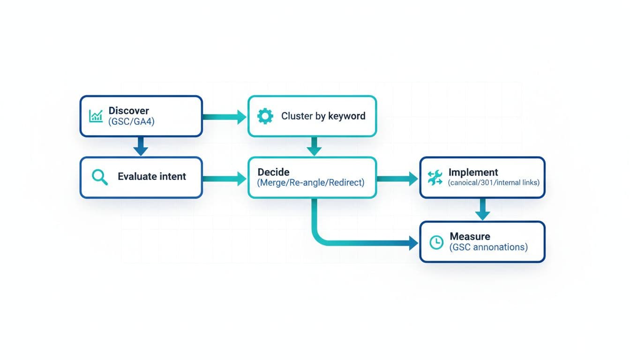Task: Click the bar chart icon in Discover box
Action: [x=96, y=116]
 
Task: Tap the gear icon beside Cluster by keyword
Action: [x=265, y=116]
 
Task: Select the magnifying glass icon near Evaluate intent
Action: [x=100, y=177]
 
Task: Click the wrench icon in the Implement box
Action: [x=435, y=177]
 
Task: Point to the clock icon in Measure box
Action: [x=436, y=242]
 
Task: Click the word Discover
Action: [x=129, y=111]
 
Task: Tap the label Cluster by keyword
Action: [x=323, y=116]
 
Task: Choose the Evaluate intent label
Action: [x=152, y=177]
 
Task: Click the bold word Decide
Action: [x=274, y=172]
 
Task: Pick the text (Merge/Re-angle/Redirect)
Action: [x=311, y=182]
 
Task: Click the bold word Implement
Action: [x=473, y=172]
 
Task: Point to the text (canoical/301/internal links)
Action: [x=494, y=182]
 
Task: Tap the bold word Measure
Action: [x=470, y=236]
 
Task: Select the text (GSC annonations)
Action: [x=488, y=247]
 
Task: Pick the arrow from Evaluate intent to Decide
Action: [x=225, y=178]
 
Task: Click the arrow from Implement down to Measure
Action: [x=482, y=209]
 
